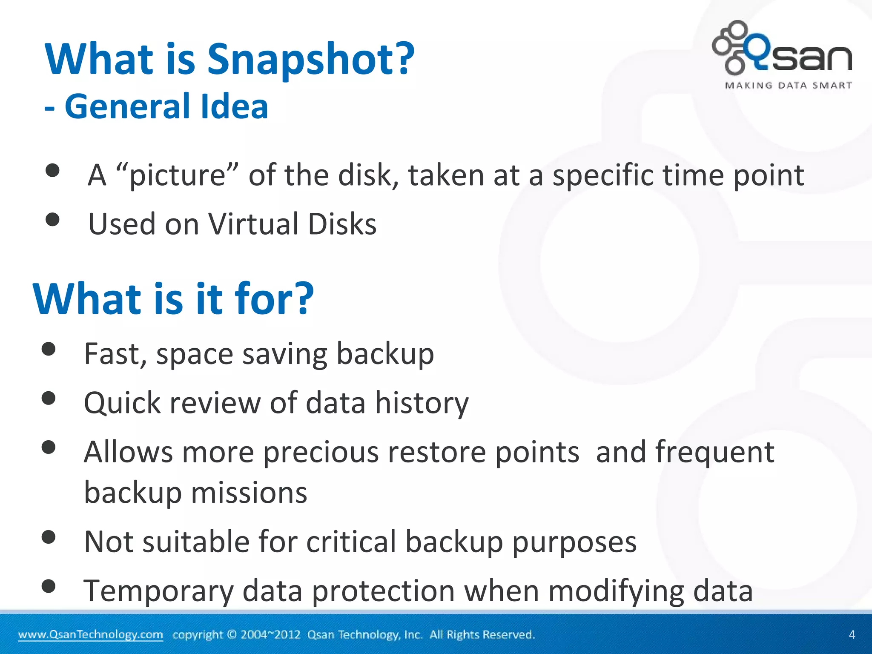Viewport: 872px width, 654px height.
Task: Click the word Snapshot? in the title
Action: tap(310, 60)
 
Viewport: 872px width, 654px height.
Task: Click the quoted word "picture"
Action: tap(178, 175)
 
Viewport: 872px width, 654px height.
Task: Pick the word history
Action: tap(422, 403)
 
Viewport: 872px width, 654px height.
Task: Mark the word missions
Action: tap(249, 493)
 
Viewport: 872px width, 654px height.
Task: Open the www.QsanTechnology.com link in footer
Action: tap(90, 634)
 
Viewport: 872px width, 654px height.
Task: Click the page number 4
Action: tap(852, 634)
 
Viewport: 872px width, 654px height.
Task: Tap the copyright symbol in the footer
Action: tap(232, 634)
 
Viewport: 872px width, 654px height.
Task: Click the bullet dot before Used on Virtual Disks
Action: tap(52, 220)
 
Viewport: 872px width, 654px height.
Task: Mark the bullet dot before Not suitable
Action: tap(49, 537)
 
